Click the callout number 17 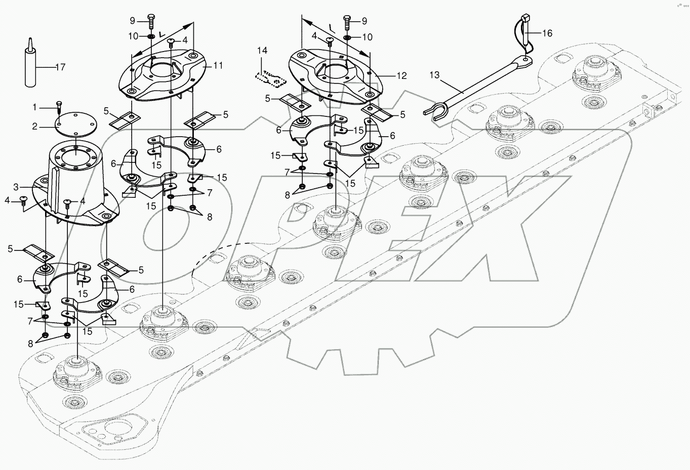point(60,67)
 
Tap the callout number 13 point(434,76)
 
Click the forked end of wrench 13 point(434,109)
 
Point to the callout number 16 point(547,33)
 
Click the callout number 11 point(218,65)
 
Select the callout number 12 point(401,76)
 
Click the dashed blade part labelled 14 point(270,78)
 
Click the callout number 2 point(35,126)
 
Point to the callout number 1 point(35,107)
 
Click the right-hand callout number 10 point(368,37)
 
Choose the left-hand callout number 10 point(132,36)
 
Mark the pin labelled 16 point(524,35)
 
